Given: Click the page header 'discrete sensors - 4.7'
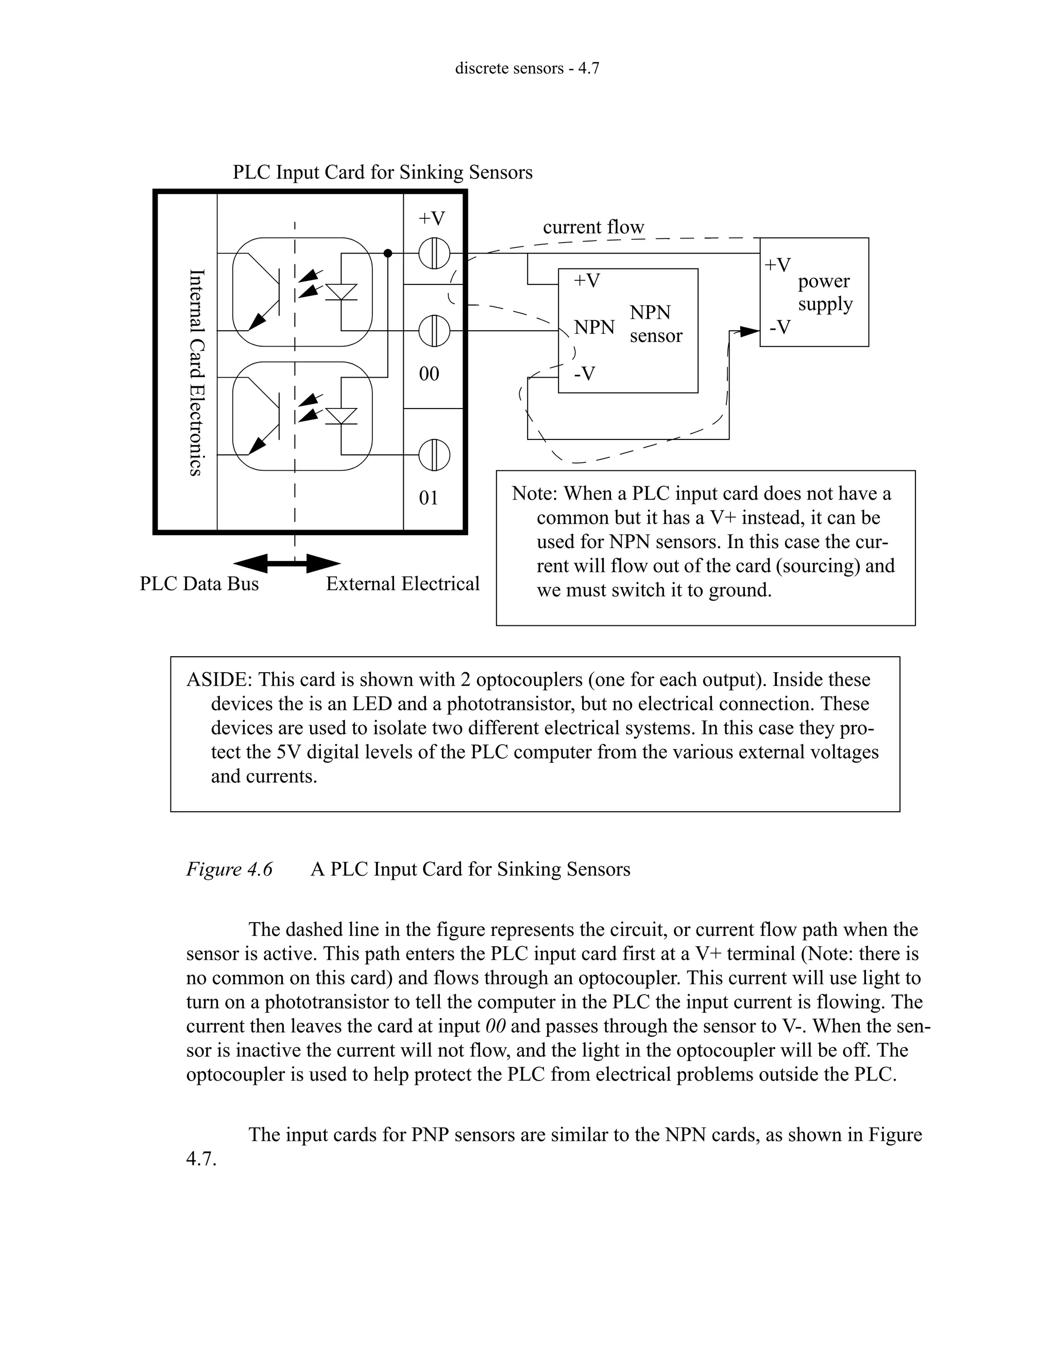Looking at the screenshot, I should tap(527, 68).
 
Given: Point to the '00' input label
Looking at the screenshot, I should tap(429, 374).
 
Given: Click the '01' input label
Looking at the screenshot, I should tap(429, 498).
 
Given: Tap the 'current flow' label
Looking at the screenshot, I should tap(593, 227).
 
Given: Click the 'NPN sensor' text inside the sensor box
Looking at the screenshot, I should tap(656, 324).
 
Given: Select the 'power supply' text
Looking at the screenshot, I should tap(824, 293).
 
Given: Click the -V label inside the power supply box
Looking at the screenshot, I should tap(780, 327).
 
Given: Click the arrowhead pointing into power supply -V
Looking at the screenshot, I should tap(750, 331).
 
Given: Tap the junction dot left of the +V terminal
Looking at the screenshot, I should tap(387, 253).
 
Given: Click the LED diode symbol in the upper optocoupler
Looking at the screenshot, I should tap(342, 292).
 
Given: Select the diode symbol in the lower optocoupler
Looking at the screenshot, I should tap(342, 416).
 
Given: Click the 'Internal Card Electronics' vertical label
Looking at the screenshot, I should tap(196, 372).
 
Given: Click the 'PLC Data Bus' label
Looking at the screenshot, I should tap(199, 584).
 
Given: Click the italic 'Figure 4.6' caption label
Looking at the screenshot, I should tap(229, 869).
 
